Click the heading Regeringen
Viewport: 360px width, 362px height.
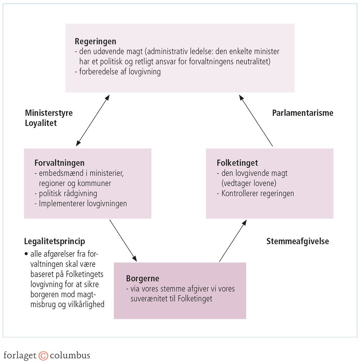click(x=95, y=41)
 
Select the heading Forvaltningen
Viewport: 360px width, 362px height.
click(x=59, y=163)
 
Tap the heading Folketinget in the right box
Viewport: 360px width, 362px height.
click(x=237, y=163)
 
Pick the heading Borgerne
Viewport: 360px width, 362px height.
click(x=143, y=279)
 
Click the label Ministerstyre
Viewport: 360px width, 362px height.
click(x=49, y=113)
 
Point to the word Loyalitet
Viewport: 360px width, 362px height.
click(x=41, y=123)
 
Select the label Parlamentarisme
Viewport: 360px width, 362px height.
click(x=303, y=113)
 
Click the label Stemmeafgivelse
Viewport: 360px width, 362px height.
click(x=298, y=241)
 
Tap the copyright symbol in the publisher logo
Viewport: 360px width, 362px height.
click(x=43, y=356)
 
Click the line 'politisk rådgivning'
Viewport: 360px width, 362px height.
click(x=68, y=193)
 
